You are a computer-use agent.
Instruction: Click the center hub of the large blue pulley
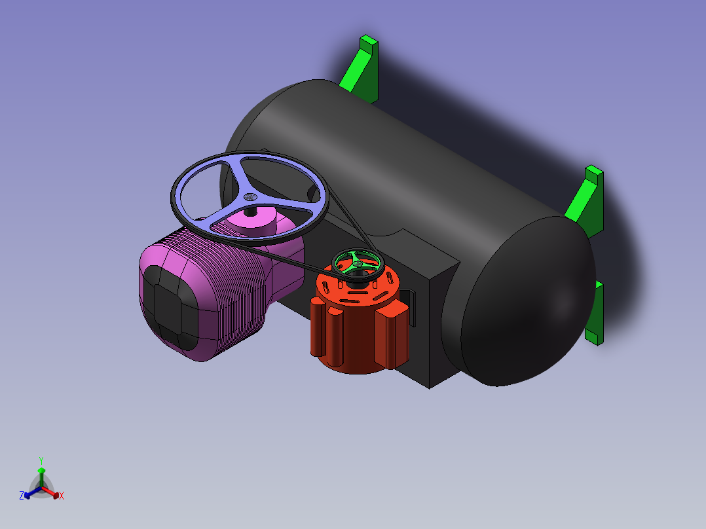click(x=250, y=197)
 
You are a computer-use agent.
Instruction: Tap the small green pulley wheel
click(x=358, y=264)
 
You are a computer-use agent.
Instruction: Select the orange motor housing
click(x=359, y=319)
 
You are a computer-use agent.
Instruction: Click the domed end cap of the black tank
click(x=525, y=299)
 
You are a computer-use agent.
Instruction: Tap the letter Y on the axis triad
click(x=41, y=460)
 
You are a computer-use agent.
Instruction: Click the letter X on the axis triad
click(x=62, y=496)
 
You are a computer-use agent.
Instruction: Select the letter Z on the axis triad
click(x=22, y=496)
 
